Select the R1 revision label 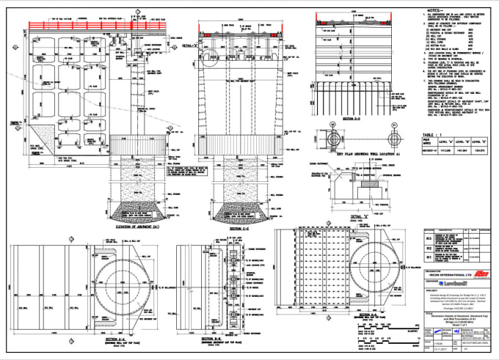point(429,258)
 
